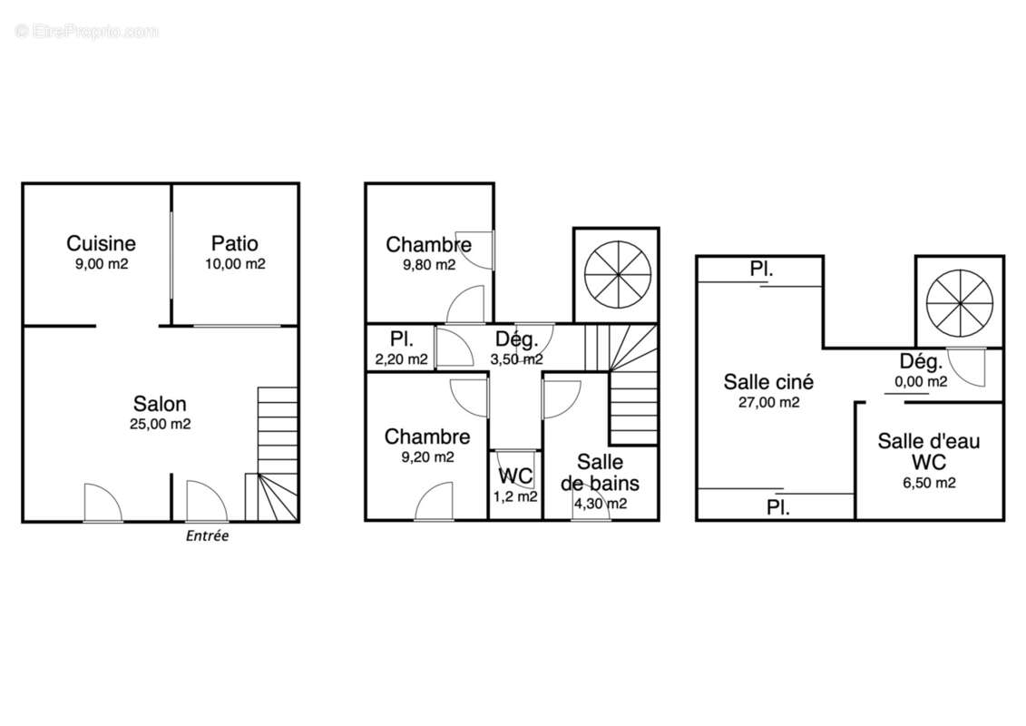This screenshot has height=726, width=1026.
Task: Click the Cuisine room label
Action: pyautogui.click(x=101, y=243)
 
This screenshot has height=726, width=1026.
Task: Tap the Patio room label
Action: pyautogui.click(x=234, y=243)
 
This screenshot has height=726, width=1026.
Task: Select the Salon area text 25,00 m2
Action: pyautogui.click(x=161, y=424)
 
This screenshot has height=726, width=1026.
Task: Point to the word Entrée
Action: pyautogui.click(x=208, y=536)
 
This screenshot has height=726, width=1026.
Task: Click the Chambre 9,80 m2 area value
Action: pyautogui.click(x=428, y=265)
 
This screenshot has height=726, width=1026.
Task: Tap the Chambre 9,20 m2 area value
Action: pyautogui.click(x=427, y=457)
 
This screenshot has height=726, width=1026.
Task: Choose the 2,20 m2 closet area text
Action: pyautogui.click(x=401, y=359)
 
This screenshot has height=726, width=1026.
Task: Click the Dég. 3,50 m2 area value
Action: pyautogui.click(x=516, y=359)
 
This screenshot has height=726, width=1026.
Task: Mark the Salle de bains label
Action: pyautogui.click(x=600, y=473)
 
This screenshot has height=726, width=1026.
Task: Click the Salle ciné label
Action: pyautogui.click(x=769, y=382)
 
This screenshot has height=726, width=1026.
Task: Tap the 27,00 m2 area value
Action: pyautogui.click(x=769, y=403)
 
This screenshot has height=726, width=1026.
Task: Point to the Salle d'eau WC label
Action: pyautogui.click(x=929, y=452)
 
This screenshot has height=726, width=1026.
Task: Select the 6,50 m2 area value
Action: pyautogui.click(x=929, y=483)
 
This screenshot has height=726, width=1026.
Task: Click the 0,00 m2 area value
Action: pyautogui.click(x=921, y=382)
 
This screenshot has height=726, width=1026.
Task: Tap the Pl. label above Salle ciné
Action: pyautogui.click(x=761, y=269)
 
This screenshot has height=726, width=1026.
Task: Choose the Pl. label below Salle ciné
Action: pyautogui.click(x=778, y=507)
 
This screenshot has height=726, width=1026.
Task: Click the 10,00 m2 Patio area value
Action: pyautogui.click(x=235, y=264)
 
